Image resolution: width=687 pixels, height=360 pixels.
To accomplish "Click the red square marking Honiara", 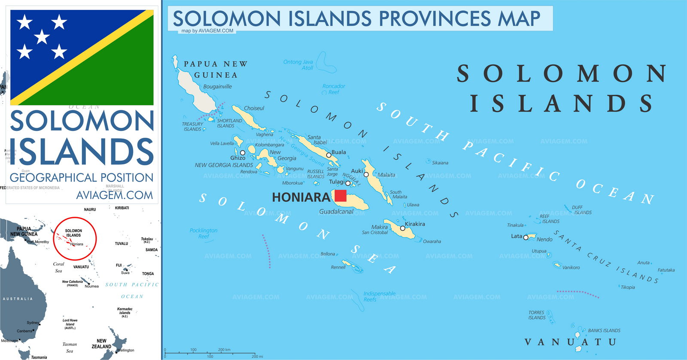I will [340, 196].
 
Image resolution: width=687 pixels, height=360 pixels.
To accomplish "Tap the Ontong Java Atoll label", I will [298, 65].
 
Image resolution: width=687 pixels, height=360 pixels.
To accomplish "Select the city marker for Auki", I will [366, 175].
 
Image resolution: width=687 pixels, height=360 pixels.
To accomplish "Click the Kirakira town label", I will [415, 224].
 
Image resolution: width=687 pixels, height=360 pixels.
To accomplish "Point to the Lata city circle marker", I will [526, 237].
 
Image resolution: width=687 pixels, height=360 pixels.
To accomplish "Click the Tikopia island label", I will [628, 287].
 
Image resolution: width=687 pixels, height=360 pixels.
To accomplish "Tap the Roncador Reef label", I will [334, 89].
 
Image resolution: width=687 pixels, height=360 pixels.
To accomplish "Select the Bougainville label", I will [217, 87].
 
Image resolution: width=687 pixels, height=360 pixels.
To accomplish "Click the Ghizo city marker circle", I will [243, 153].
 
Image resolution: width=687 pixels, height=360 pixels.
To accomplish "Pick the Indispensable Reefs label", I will [379, 296].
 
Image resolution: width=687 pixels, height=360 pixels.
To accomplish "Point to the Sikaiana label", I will [440, 163].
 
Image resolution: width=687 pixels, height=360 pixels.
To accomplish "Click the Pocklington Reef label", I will [204, 233].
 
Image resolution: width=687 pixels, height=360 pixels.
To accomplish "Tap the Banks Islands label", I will [604, 331].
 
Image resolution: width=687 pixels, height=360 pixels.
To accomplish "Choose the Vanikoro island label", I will [571, 267].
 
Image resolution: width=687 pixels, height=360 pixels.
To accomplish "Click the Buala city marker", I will [329, 155].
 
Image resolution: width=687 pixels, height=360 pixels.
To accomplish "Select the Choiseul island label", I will [254, 109].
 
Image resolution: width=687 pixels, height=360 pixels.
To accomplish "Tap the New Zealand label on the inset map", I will [101, 344].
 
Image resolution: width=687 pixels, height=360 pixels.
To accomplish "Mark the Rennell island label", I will [338, 267].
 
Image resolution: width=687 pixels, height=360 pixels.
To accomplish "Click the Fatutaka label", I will [666, 270].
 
